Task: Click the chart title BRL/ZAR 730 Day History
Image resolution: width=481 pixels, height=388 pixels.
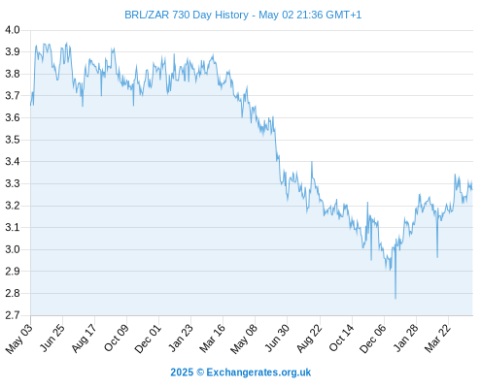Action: [187, 15]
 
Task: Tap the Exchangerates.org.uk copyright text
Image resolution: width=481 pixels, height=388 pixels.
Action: [241, 372]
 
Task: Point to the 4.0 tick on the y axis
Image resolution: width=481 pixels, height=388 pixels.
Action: [13, 30]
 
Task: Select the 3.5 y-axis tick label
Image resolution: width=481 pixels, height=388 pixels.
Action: [13, 140]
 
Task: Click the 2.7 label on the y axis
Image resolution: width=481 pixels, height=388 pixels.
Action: [13, 315]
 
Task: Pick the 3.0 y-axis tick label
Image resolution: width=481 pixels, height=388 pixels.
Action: [13, 249]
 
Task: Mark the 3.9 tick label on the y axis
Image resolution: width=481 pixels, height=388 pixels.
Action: [13, 51]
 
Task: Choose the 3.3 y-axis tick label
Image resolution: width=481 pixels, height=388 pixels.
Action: [13, 183]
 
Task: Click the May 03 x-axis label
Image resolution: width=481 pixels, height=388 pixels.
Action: [19, 339]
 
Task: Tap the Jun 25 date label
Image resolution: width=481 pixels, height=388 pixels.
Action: [52, 338]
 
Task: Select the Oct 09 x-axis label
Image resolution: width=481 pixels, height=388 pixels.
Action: [116, 338]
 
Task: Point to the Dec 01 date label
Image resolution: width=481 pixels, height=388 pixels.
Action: [148, 339]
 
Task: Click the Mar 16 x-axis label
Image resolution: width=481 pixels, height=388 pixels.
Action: [213, 339]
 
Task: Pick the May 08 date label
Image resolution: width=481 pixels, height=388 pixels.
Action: [244, 339]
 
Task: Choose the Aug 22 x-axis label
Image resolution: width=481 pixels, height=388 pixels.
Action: [309, 339]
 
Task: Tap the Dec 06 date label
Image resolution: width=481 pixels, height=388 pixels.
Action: [373, 339]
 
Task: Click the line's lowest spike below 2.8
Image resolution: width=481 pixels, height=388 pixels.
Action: [395, 298]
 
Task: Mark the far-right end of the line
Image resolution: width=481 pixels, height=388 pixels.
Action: [472, 189]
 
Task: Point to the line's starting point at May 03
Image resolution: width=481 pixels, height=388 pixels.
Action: [31, 105]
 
